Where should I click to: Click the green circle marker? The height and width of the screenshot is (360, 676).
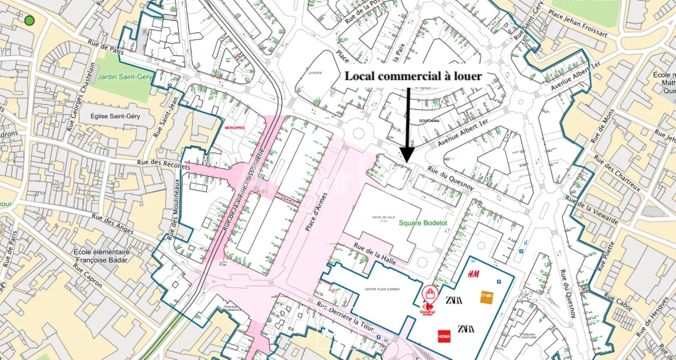29,20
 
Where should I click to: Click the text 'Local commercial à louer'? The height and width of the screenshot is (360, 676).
413,76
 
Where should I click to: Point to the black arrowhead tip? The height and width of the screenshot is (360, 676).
407,162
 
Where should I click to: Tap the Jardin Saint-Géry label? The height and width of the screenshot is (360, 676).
124,77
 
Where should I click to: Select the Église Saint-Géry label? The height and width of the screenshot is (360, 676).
115,116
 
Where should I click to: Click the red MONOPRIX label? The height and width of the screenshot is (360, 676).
234,128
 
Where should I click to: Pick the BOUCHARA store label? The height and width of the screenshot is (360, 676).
429,121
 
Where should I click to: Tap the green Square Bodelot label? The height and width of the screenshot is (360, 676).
423,223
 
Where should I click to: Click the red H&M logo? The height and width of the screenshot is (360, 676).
473,274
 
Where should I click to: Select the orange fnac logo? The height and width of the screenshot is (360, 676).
487,297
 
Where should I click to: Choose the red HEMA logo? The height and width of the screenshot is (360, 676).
444,336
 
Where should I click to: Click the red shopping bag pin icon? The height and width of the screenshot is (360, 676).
430,293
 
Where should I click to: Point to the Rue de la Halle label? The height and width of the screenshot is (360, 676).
375,254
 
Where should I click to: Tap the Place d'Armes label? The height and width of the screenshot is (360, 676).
316,212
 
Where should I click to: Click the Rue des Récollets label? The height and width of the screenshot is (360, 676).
164,164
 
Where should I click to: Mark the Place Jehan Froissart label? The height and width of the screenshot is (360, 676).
578,24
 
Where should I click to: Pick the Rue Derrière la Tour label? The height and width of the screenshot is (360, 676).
346,316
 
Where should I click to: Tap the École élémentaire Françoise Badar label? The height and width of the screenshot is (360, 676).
101,256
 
